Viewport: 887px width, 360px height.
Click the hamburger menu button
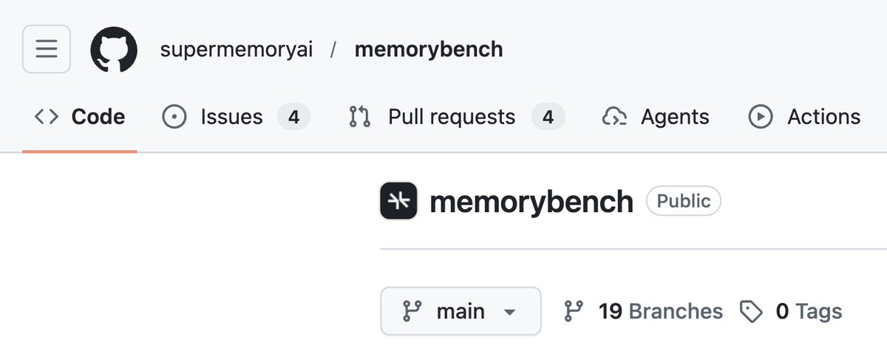click(47, 49)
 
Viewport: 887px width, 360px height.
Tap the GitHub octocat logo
click(114, 50)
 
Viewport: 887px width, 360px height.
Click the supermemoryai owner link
click(237, 50)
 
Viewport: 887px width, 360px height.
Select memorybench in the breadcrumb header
click(429, 50)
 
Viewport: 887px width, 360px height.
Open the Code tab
click(80, 117)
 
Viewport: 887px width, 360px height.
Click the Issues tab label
click(231, 117)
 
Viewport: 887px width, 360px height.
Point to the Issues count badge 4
click(293, 117)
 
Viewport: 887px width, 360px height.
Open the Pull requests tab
click(451, 117)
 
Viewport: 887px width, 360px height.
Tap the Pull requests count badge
click(548, 117)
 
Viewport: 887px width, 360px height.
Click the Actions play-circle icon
click(761, 117)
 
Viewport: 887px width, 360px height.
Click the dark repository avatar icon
click(398, 201)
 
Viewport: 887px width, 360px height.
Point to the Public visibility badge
click(684, 201)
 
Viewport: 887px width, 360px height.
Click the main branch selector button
click(461, 311)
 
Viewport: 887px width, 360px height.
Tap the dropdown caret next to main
click(509, 312)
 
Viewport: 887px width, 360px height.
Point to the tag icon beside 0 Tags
click(751, 312)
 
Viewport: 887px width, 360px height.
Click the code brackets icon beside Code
click(47, 117)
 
